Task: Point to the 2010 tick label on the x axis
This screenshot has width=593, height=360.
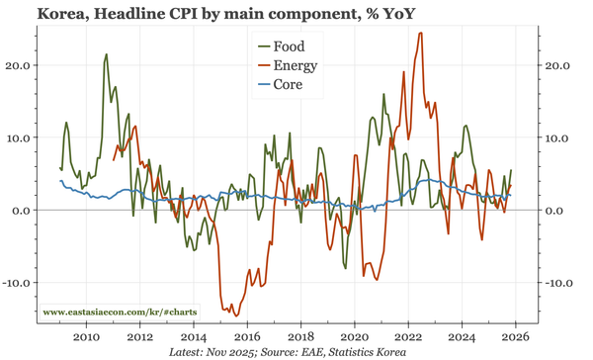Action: tap(86, 336)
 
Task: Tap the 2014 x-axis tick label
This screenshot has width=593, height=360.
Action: tap(194, 336)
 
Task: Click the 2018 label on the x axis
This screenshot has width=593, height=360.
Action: tap(301, 336)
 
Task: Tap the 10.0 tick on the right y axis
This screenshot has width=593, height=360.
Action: tap(558, 137)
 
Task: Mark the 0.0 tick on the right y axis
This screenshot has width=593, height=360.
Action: tap(555, 211)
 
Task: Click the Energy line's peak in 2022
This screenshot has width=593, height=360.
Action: tap(421, 34)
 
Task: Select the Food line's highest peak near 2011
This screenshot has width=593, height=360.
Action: tap(106, 55)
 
